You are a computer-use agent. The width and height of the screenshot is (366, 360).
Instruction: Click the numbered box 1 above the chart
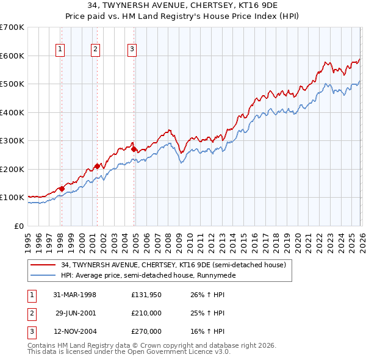click(x=61, y=50)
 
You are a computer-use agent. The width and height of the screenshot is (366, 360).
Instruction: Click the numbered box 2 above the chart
click(x=96, y=50)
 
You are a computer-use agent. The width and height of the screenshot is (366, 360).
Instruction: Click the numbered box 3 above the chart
click(x=132, y=50)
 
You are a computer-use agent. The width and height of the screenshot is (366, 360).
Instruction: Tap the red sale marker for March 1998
click(x=62, y=189)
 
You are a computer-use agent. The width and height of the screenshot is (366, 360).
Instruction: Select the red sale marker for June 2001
click(x=96, y=167)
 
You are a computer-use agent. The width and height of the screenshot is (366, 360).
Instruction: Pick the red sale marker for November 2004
click(x=134, y=148)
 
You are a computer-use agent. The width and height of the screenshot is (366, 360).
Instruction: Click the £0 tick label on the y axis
click(x=18, y=226)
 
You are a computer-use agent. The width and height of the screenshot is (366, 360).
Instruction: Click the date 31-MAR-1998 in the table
click(x=74, y=295)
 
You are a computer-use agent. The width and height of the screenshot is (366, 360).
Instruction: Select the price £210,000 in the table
click(x=146, y=313)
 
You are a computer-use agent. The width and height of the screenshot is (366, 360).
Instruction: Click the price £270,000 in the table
click(x=146, y=331)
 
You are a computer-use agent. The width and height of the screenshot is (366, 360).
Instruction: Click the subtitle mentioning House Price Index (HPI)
click(x=182, y=17)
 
